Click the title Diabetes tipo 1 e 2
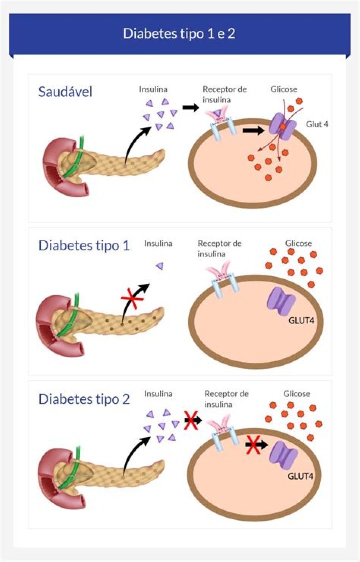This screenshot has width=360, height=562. (179, 33)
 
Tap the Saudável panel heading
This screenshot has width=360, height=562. (65, 92)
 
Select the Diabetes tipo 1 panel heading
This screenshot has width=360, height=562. (84, 246)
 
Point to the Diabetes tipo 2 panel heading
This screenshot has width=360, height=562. (84, 399)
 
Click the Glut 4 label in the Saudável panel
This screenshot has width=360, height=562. (317, 124)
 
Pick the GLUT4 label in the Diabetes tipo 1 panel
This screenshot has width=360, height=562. (301, 320)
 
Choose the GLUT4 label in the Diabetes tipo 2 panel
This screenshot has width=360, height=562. (301, 476)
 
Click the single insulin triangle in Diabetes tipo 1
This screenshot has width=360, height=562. (160, 266)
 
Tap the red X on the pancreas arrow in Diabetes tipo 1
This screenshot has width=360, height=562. (132, 298)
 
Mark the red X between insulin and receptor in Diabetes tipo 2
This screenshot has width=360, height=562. (192, 420)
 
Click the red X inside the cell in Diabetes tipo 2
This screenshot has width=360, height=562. (254, 445)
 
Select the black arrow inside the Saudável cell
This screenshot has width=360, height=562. (253, 130)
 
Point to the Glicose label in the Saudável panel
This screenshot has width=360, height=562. (284, 89)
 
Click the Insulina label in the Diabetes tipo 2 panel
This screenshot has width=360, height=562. (158, 394)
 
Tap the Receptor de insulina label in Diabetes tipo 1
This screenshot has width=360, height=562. (220, 248)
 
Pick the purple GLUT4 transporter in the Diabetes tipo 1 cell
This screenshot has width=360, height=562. (281, 301)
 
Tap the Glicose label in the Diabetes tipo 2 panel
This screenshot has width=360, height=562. (297, 394)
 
